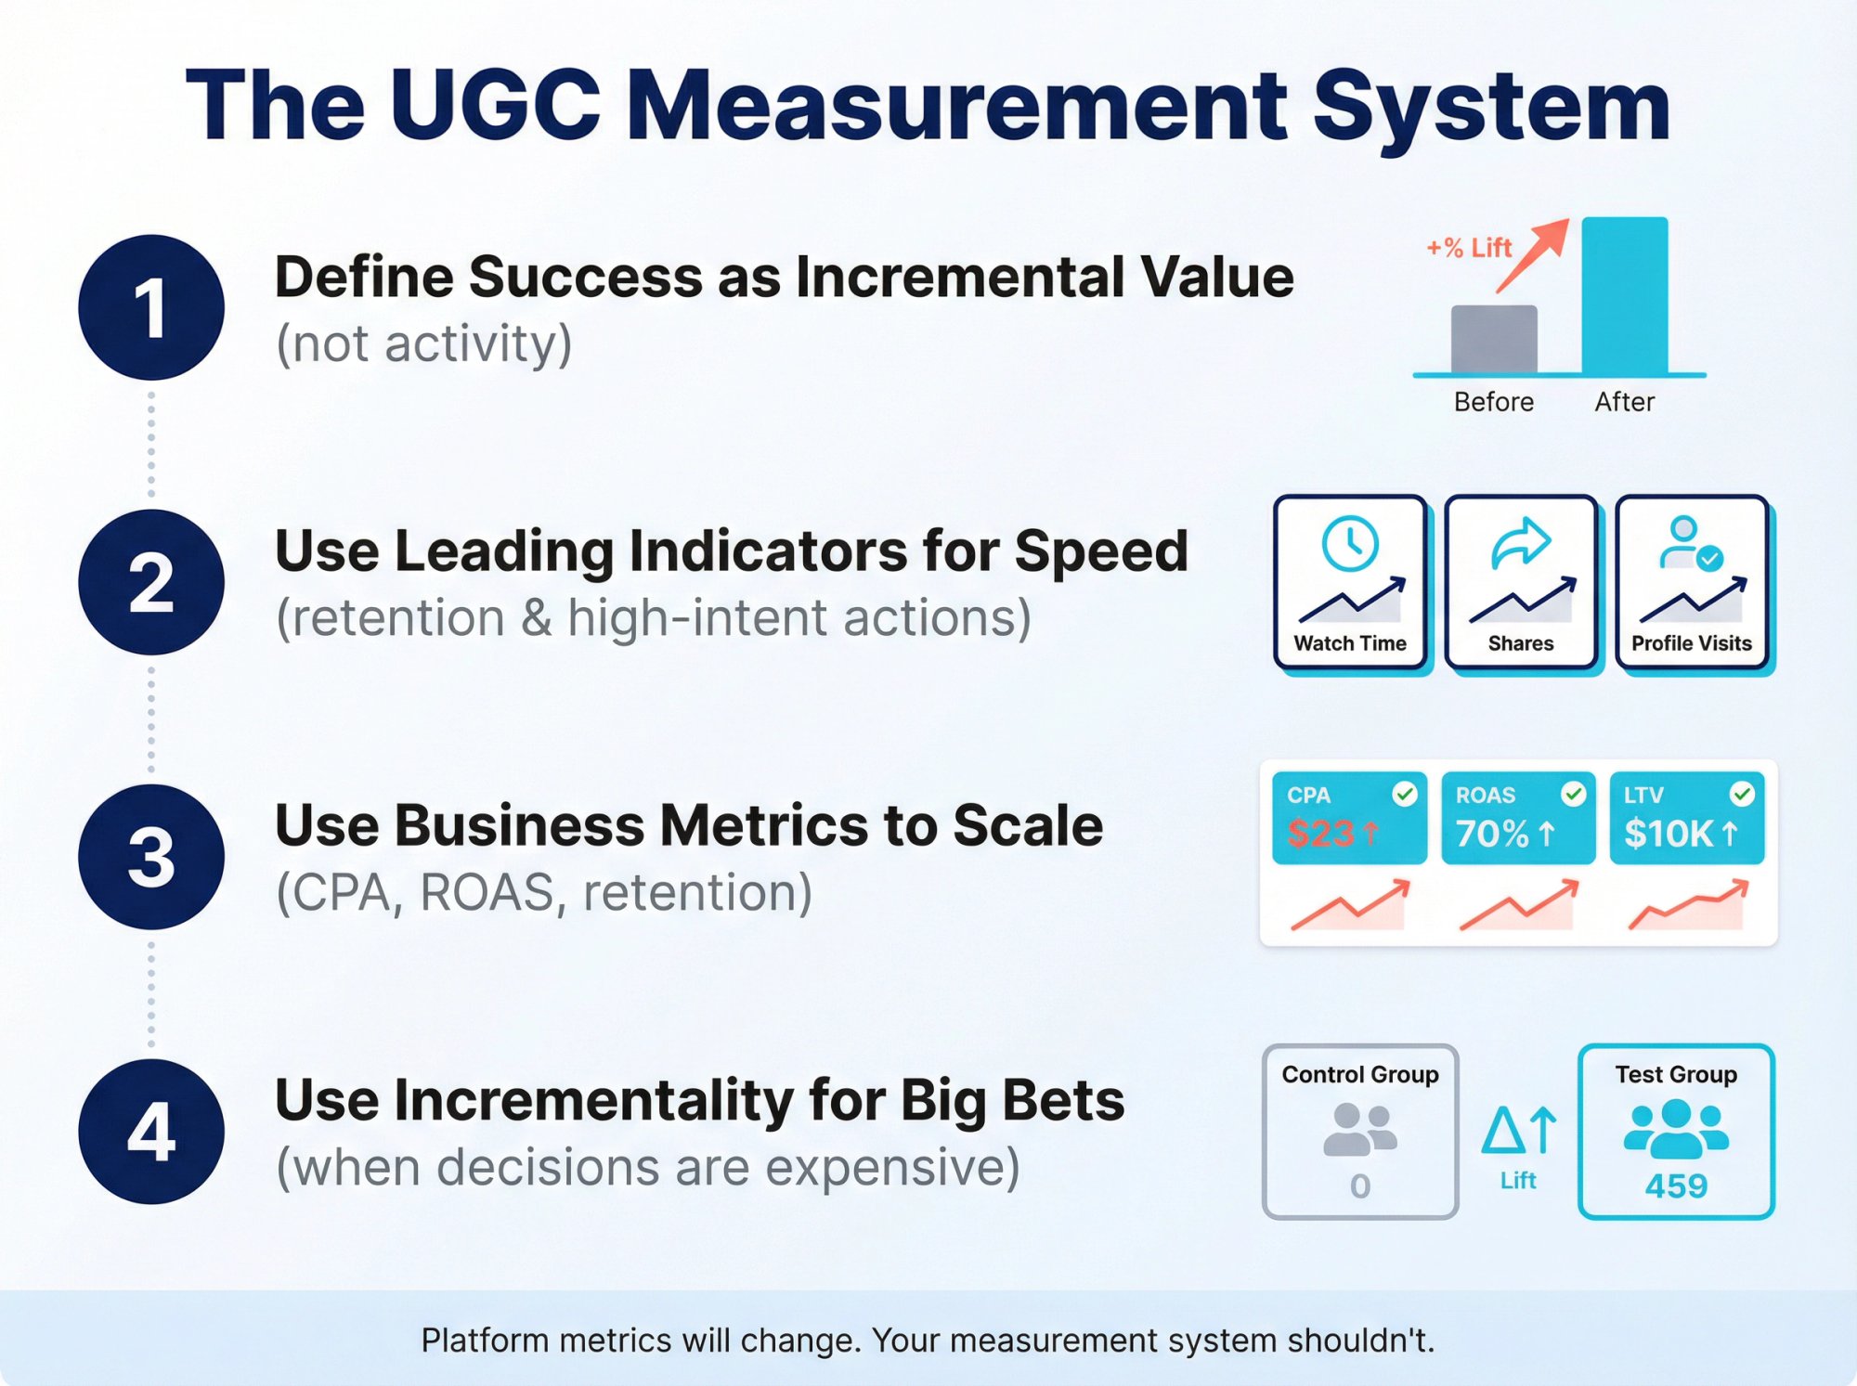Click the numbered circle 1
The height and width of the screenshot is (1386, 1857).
[151, 307]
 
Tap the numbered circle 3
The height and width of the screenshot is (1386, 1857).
[151, 857]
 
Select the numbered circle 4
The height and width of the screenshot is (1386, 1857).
[151, 1132]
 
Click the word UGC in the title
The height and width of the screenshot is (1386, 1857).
[496, 105]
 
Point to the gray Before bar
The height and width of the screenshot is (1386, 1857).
[1494, 339]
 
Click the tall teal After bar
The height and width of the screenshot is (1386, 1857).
[1624, 295]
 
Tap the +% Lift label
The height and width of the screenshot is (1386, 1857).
[1469, 248]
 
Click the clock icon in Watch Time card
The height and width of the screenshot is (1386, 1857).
[1349, 543]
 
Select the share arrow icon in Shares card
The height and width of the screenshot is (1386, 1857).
[1520, 543]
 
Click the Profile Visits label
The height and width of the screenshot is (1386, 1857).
[1691, 643]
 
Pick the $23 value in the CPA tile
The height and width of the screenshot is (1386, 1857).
[1320, 834]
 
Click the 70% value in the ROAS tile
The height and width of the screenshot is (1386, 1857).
[1492, 834]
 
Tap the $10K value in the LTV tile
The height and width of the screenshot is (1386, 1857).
[1669, 834]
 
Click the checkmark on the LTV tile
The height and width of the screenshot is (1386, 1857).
[1742, 794]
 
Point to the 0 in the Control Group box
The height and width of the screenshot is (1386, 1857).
[1360, 1185]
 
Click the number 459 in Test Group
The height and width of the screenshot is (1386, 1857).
[1676, 1185]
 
